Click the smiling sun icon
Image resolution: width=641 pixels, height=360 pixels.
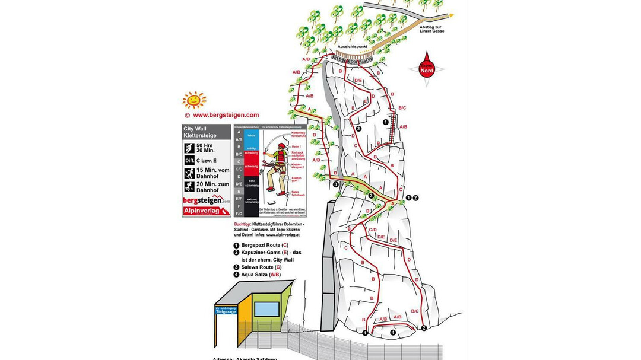(x=194, y=100)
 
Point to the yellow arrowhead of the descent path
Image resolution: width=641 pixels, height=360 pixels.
(x=452, y=15)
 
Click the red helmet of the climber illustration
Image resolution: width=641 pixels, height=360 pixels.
(x=283, y=146)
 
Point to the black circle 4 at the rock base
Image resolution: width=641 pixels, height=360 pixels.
(x=393, y=333)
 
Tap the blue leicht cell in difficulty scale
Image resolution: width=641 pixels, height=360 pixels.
(x=252, y=136)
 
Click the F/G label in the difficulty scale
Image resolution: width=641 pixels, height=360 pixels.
(x=239, y=213)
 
